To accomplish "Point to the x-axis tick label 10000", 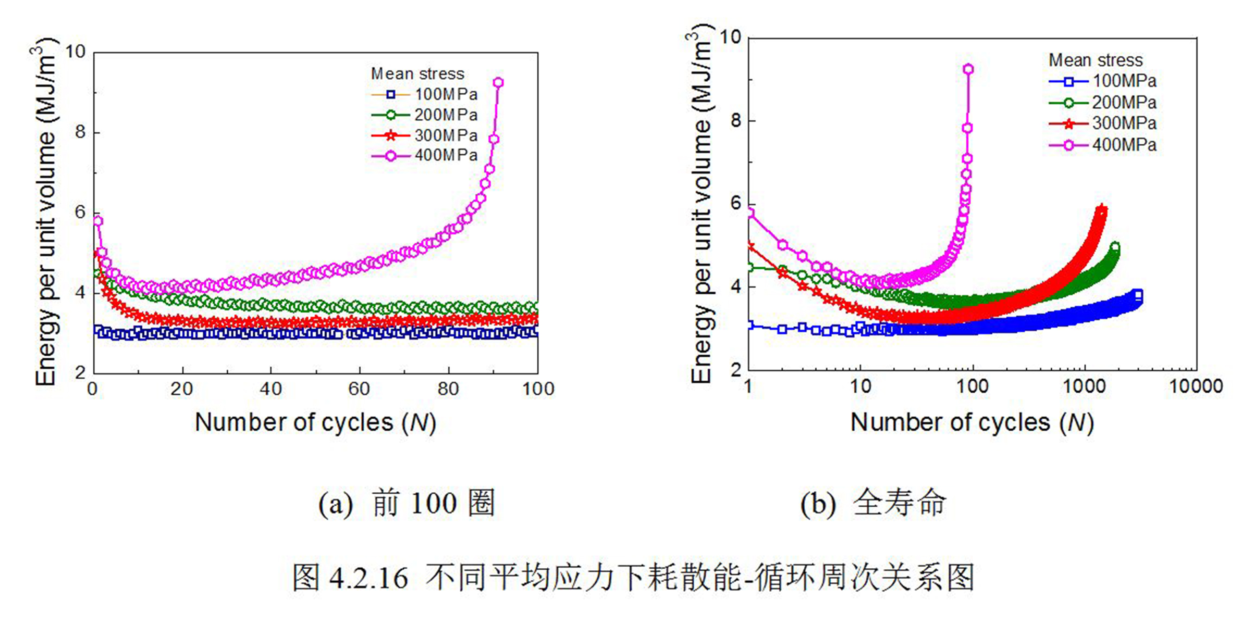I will [x=1196, y=386].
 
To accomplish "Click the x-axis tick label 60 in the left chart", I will [x=359, y=389].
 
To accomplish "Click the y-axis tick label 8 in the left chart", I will [x=80, y=132].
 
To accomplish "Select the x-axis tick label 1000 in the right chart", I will [x=1084, y=386].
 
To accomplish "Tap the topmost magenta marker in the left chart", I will [x=498, y=82].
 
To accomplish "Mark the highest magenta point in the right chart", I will [x=968, y=69].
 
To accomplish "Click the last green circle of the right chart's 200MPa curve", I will [x=1115, y=247].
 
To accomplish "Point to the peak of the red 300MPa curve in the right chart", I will [x=1102, y=210].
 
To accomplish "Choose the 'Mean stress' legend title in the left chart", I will [x=417, y=74].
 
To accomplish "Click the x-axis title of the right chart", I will [x=972, y=422].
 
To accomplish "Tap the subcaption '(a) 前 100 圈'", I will [x=407, y=504].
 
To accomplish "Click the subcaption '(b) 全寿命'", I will [x=873, y=504].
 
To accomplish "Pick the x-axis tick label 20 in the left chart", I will [x=181, y=389].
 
